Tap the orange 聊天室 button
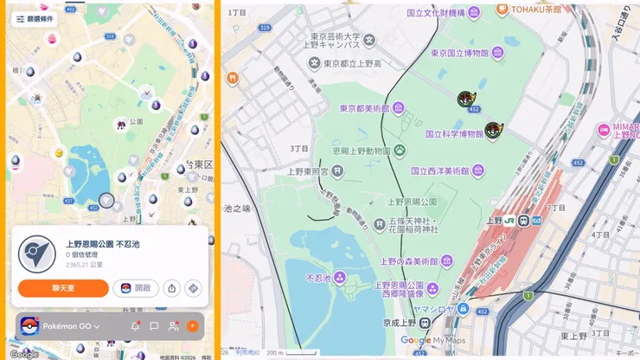click(62, 288)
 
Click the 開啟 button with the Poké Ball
click(136, 288)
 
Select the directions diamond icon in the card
click(193, 288)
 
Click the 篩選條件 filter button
click(34, 18)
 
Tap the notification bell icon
click(135, 326)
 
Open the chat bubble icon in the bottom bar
click(154, 326)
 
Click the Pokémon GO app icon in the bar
click(29, 326)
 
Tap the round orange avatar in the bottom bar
click(193, 326)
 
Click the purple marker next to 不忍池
click(340, 278)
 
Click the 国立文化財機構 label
click(437, 13)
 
